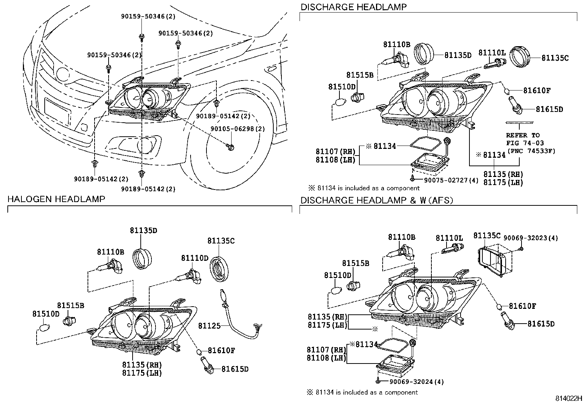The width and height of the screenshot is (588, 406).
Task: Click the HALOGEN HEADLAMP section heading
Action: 57,199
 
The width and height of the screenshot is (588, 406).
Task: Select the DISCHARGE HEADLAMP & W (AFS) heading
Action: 376,200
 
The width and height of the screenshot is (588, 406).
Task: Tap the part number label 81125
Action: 209,326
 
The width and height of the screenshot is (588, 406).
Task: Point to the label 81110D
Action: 195,257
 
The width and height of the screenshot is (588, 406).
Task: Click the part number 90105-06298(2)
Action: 238,129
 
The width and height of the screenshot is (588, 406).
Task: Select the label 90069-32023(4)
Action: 536,238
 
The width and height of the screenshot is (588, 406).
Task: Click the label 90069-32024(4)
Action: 416,382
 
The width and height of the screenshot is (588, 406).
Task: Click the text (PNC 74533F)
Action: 531,150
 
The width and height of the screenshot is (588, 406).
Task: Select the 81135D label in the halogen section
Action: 143,231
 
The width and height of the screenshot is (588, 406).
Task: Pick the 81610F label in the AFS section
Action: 522,306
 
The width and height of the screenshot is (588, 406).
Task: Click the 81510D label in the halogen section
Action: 46,314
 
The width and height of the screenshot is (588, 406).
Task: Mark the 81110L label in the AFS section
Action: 449,239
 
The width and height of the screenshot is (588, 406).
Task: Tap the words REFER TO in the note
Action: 523,135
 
